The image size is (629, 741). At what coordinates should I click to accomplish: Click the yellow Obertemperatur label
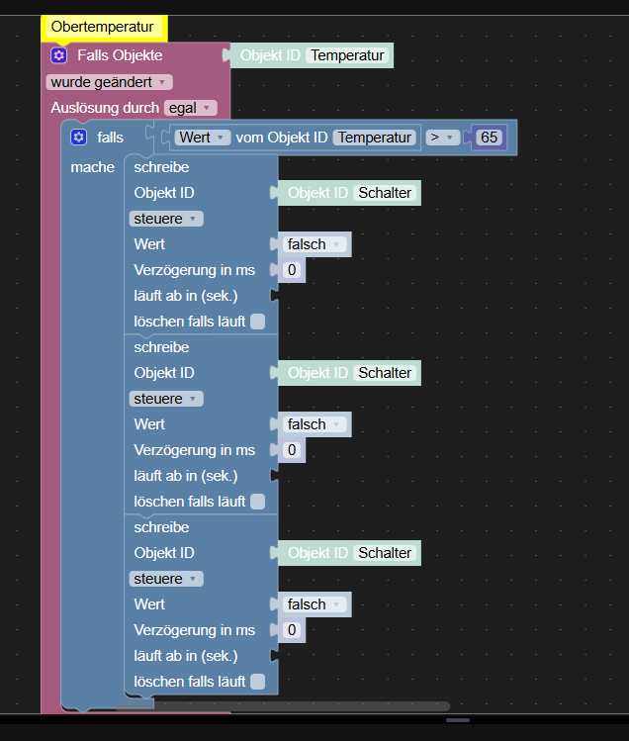103,29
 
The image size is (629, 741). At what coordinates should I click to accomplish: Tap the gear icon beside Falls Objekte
58,55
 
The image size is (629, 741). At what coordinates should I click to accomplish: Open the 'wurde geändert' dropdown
109,82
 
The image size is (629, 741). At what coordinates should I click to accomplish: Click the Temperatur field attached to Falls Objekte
347,55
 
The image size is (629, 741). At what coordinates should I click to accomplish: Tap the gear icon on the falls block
79,138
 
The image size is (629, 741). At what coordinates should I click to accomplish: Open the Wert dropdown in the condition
203,138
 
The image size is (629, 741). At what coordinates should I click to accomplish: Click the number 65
490,138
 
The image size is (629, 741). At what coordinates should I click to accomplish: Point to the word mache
93,167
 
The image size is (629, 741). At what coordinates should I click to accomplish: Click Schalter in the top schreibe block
385,193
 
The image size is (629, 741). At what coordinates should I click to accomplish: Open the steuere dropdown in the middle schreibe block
165,399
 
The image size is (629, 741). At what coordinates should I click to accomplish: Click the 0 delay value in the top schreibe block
292,270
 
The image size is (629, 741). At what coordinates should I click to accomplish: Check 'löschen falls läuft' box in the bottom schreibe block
258,681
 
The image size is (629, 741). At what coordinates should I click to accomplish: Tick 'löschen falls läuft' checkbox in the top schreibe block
258,321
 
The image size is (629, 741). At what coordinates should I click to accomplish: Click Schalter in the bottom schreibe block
385,553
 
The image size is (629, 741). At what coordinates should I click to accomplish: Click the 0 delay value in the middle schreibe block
292,450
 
